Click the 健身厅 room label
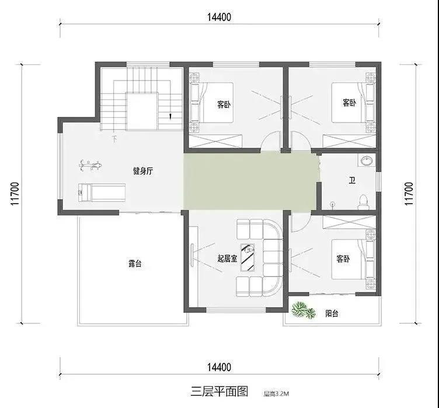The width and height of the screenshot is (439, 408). coord(143,171)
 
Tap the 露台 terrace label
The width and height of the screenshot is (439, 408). coord(135,264)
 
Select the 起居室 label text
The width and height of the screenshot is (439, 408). coord(227,258)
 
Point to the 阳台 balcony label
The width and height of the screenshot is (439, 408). coord(332,313)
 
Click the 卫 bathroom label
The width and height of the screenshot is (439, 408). coord(352,180)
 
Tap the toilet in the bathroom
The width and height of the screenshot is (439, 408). coord(364,202)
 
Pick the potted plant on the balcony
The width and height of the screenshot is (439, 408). coord(303,311)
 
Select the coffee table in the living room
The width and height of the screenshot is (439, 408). coord(248,257)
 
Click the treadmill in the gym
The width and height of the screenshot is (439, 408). coord(102,193)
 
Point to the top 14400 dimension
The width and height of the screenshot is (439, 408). coord(219,18)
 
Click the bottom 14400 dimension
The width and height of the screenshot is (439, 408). coord(219,367)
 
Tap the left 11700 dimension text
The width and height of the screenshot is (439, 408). coord(15,194)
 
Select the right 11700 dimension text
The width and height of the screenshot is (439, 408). coord(409,194)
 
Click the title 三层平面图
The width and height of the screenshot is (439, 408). coord(219,391)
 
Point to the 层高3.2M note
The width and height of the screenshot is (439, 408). coord(276,394)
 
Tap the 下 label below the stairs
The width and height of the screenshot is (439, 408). coord(114,139)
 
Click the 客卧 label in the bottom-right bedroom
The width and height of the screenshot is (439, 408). coord(343,259)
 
